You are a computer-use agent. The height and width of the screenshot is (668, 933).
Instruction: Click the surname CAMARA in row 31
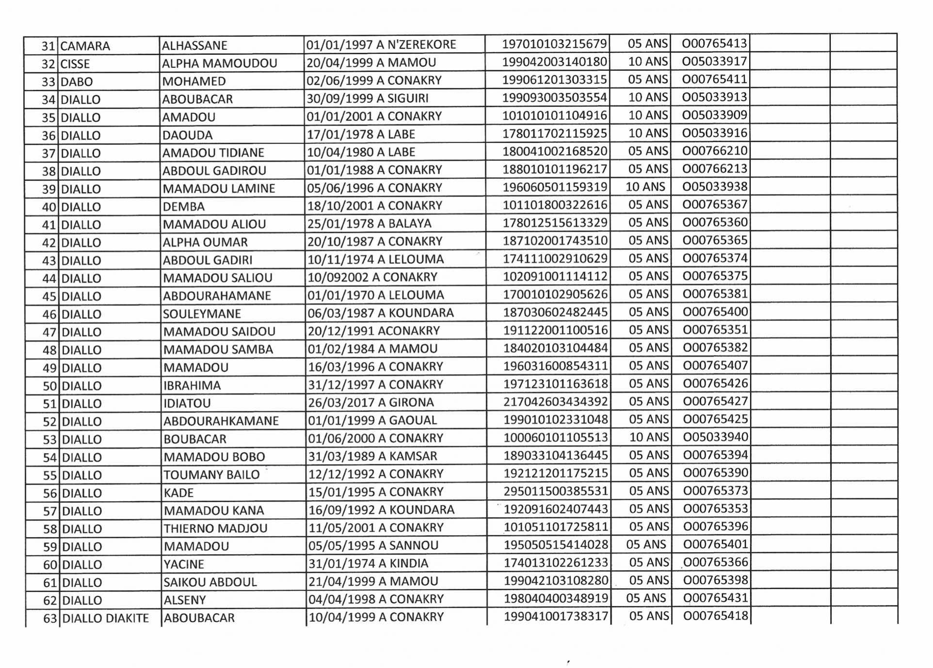(85, 46)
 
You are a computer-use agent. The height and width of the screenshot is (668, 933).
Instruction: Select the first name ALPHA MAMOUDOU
(219, 64)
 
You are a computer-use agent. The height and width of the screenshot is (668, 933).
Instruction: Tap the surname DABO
(77, 81)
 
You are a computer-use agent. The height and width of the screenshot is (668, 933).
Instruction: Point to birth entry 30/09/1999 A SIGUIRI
(368, 98)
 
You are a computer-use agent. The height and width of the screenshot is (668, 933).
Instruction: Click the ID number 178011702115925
(554, 133)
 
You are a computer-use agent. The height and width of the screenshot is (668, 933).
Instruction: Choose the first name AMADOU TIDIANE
(213, 153)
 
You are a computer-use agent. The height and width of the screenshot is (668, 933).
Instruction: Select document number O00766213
(715, 169)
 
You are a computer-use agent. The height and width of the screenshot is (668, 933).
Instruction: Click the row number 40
(49, 207)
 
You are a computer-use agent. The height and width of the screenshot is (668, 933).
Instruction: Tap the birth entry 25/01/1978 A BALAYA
(370, 223)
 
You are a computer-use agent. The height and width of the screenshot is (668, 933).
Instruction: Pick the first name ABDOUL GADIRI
(208, 260)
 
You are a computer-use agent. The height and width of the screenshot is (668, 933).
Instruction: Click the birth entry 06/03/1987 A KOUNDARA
(381, 313)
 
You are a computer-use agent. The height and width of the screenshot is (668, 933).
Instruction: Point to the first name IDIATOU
(187, 403)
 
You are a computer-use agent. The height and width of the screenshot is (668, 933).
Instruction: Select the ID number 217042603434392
(555, 401)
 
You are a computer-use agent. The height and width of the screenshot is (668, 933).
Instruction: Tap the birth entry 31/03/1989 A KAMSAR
(372, 456)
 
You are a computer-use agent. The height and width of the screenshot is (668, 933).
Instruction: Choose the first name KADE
(178, 493)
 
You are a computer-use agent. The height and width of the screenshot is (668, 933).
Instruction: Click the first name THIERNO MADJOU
(215, 528)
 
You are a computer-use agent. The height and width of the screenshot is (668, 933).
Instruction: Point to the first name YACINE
(184, 564)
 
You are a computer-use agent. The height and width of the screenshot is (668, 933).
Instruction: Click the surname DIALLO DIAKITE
(106, 618)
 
